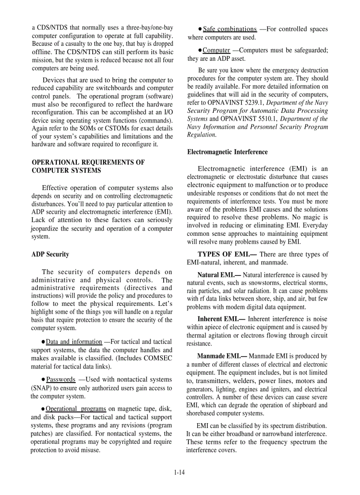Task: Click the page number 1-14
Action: (x=180, y=473)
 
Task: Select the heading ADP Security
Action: (x=50, y=254)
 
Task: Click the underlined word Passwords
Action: (x=61, y=380)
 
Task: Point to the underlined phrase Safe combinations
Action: (x=229, y=29)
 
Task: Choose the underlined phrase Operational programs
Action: (x=76, y=409)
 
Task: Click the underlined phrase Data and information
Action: (x=74, y=342)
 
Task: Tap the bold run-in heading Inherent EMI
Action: (x=221, y=319)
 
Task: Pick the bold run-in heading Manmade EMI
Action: (x=222, y=356)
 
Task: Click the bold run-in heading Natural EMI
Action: (x=219, y=275)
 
